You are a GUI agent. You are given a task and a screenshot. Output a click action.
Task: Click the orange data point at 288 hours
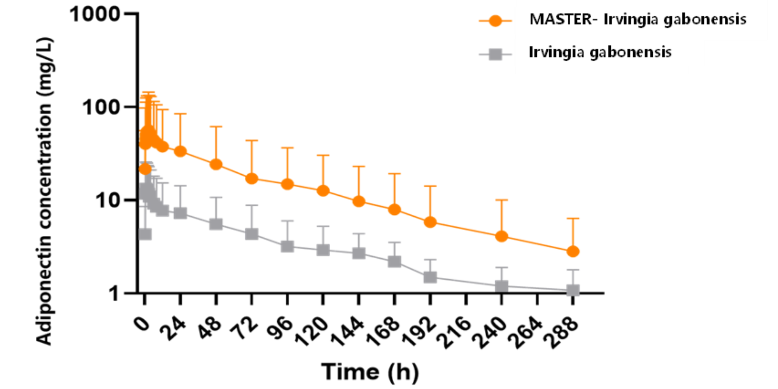coord(573,251)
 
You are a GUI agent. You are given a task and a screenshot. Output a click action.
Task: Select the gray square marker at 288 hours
coord(573,290)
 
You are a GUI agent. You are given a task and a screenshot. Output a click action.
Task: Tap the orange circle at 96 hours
coord(287,184)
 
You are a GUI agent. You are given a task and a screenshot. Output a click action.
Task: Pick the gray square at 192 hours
coord(430,277)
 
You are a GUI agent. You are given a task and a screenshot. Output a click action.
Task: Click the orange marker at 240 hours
coord(501,236)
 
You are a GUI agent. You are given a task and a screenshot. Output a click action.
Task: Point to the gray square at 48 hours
coord(216,224)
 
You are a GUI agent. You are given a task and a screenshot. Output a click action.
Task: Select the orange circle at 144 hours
coord(359,201)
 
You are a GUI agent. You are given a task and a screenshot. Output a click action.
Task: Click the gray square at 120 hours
coord(323,250)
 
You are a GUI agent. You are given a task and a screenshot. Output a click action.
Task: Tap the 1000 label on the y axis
coord(95,14)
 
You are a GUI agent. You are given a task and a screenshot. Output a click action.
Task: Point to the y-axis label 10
coord(107,200)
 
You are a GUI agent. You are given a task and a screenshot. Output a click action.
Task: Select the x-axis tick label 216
coord(454,331)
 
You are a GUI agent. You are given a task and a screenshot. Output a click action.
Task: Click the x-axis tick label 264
coord(525,331)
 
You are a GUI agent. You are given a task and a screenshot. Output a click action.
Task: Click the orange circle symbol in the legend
coord(495,21)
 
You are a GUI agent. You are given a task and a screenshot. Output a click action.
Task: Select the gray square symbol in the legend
coord(495,54)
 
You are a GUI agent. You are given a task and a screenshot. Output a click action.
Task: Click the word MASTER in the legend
coord(560,19)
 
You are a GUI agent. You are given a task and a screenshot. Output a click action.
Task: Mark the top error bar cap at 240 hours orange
coord(501,200)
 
